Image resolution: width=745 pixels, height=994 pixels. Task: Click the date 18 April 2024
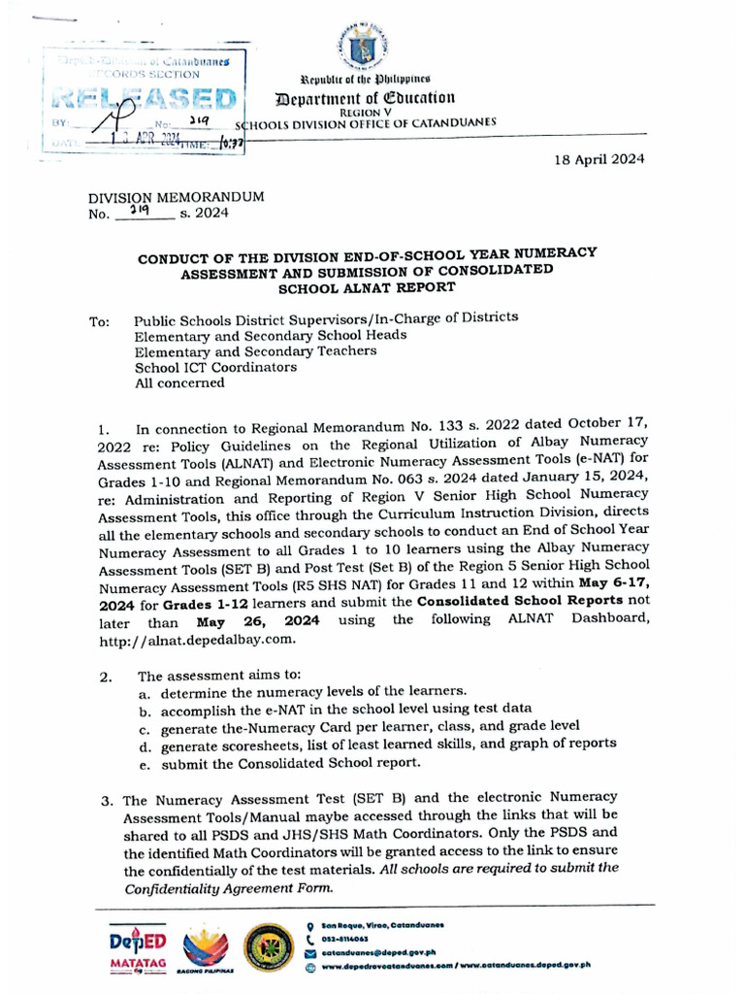(599, 159)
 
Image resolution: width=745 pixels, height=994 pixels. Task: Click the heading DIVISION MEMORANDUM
(177, 196)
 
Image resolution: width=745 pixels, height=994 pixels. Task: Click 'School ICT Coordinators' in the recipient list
(215, 367)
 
